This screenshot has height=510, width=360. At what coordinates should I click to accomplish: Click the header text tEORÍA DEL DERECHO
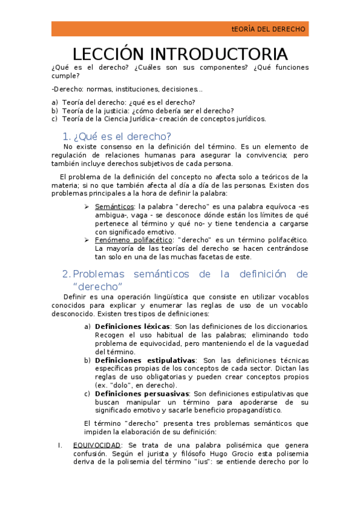(269, 29)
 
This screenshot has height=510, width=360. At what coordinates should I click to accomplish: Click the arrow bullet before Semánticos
(87, 206)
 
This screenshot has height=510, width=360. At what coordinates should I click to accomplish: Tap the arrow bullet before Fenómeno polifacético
(87, 239)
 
